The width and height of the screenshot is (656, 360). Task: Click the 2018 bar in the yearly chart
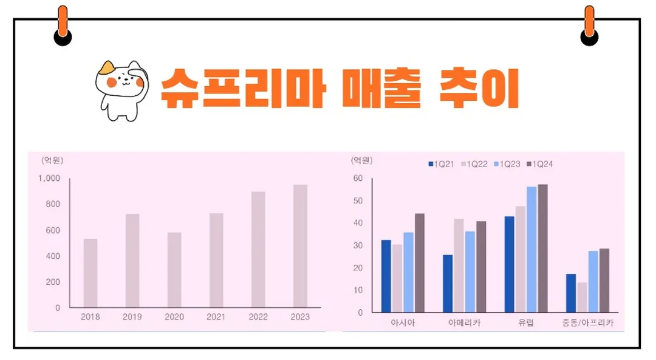click(91, 273)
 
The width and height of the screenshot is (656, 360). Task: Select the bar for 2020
click(174, 270)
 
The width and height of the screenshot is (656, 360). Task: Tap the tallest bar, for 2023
click(300, 245)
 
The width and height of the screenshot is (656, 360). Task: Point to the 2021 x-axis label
click(216, 317)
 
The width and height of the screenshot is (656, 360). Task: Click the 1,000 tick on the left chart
click(49, 178)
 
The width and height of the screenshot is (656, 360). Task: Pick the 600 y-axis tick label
click(53, 231)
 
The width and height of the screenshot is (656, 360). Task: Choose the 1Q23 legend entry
click(507, 164)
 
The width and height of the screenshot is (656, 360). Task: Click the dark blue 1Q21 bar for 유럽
click(509, 264)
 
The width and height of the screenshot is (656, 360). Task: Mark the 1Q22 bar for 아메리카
click(459, 266)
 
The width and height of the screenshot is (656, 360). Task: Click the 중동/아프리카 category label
click(587, 323)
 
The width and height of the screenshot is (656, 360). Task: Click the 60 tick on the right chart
click(358, 178)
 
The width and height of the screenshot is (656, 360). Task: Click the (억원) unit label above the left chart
click(52, 160)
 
